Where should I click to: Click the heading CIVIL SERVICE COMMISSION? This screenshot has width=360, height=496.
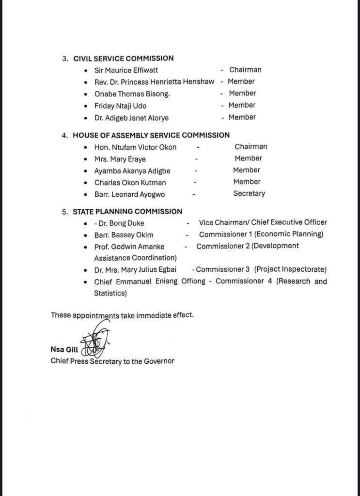point(123,58)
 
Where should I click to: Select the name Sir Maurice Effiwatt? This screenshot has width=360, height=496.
point(126,70)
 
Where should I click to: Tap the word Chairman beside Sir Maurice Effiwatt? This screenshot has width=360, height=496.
point(245,70)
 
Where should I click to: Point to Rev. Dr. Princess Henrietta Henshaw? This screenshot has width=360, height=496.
point(154,81)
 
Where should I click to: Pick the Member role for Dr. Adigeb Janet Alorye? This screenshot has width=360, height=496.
point(242,117)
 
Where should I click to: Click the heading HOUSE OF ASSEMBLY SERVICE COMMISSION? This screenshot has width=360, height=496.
point(151,135)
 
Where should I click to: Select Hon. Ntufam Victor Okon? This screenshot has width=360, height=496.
point(135,147)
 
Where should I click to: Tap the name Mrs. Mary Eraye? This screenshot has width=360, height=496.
point(120,158)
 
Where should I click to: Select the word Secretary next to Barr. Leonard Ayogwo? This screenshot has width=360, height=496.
point(249,193)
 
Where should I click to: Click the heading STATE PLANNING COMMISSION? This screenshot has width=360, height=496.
point(127,211)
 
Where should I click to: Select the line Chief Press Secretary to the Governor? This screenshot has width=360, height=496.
point(112,361)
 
